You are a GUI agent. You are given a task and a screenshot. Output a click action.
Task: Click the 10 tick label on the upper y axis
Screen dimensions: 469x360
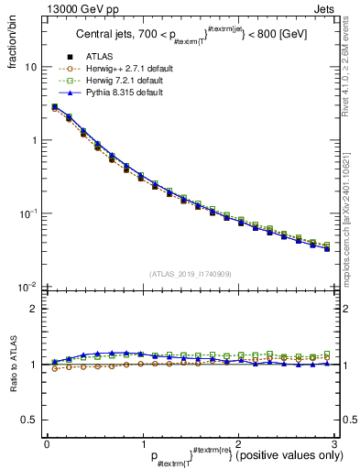click(x=30, y=68)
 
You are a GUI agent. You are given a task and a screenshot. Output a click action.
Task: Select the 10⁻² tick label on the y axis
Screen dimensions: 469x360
click(x=28, y=287)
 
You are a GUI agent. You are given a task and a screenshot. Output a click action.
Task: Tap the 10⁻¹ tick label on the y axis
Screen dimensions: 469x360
click(x=28, y=213)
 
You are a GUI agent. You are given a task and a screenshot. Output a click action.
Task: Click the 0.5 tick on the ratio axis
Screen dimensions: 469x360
click(x=28, y=420)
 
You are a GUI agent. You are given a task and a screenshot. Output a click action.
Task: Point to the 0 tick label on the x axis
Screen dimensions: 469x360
click(x=47, y=443)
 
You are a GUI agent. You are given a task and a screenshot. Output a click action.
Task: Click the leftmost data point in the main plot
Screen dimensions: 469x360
click(x=55, y=107)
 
